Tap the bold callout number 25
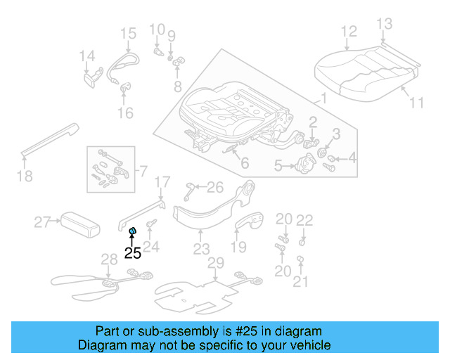(x=132, y=253)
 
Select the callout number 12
(x=349, y=32)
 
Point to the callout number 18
(x=25, y=176)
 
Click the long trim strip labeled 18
(x=49, y=139)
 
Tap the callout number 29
(x=215, y=263)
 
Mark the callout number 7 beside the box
(x=143, y=171)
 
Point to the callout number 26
(x=215, y=187)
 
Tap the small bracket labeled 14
(x=91, y=77)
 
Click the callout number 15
(x=127, y=33)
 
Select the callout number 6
(x=244, y=164)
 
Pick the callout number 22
(x=304, y=220)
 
